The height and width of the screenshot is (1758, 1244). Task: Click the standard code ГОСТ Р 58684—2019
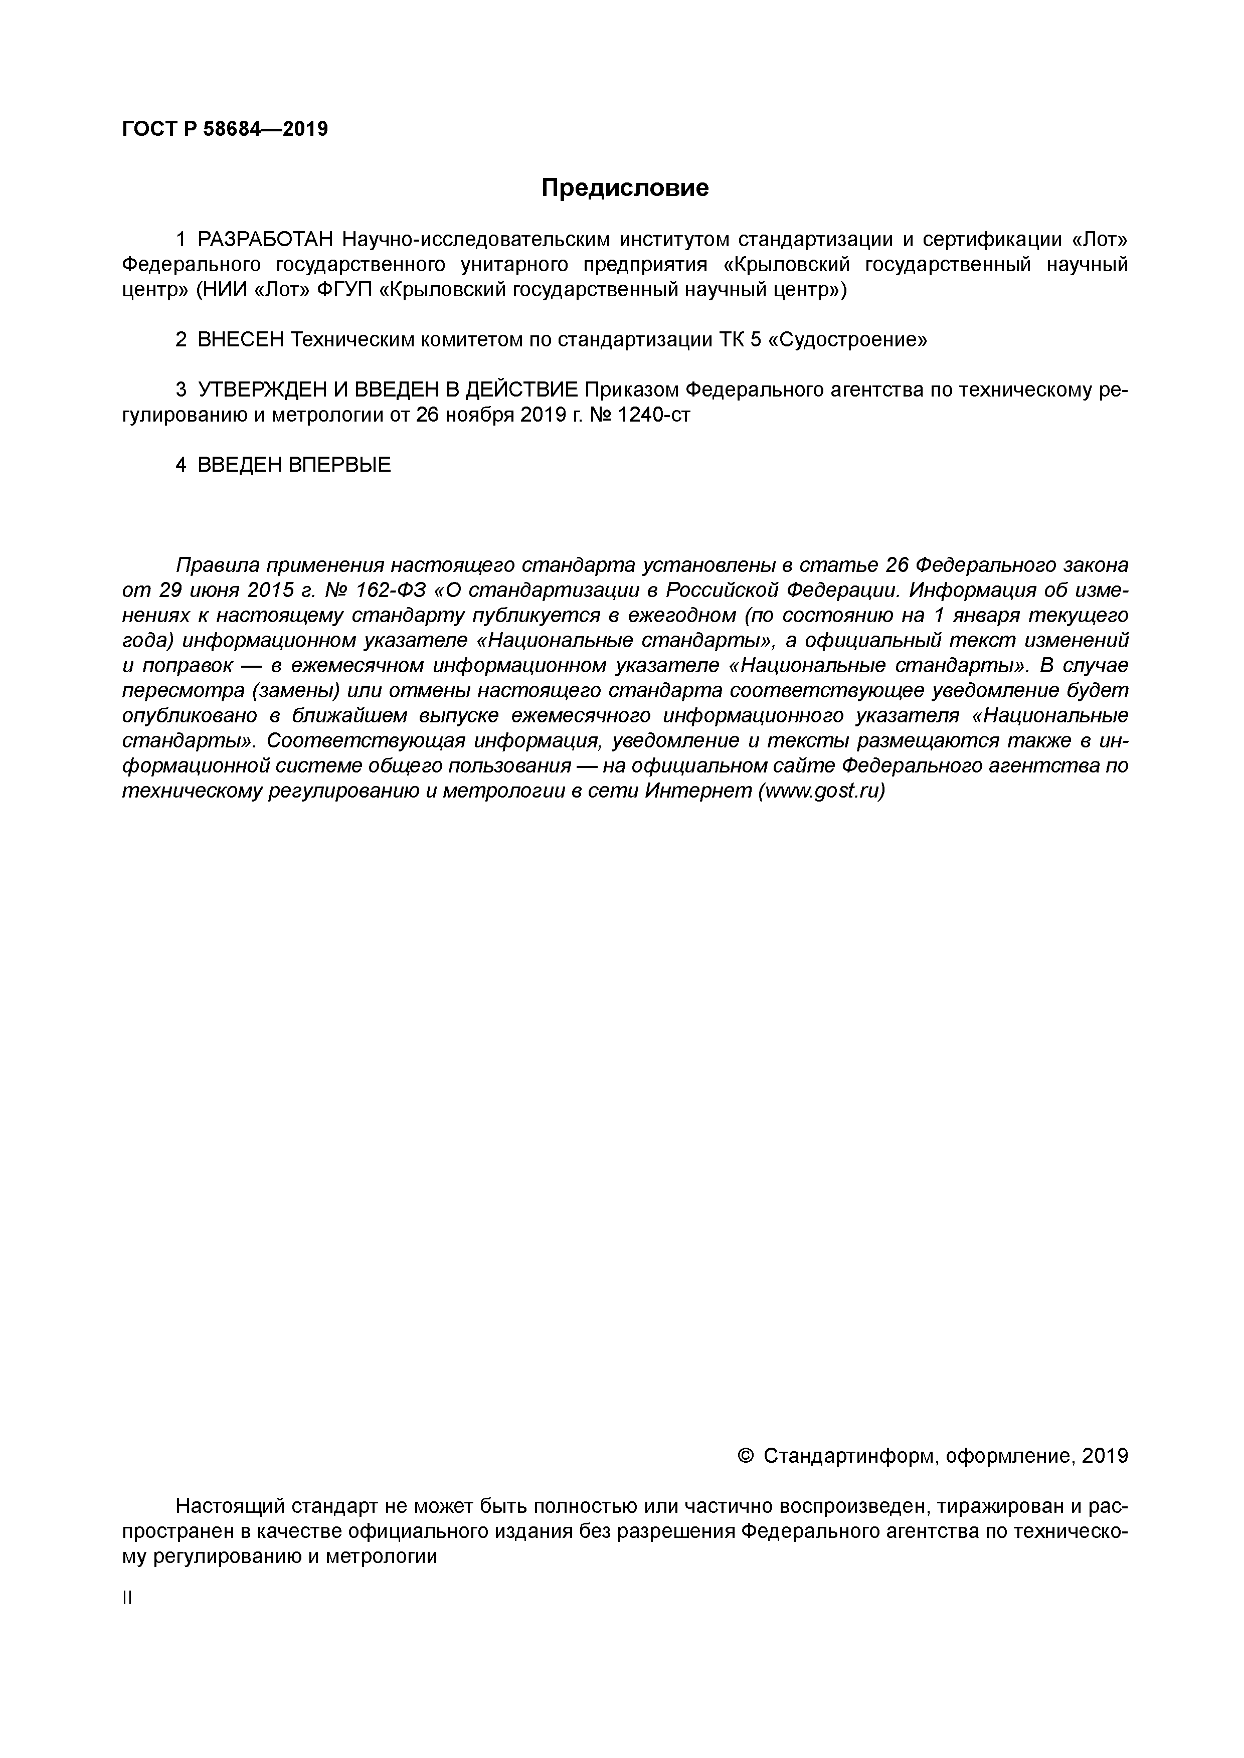(225, 129)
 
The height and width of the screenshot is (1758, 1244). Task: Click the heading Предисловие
(625, 188)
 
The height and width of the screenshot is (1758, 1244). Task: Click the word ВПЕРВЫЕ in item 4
(339, 465)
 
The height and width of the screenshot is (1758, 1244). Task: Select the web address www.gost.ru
(820, 792)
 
